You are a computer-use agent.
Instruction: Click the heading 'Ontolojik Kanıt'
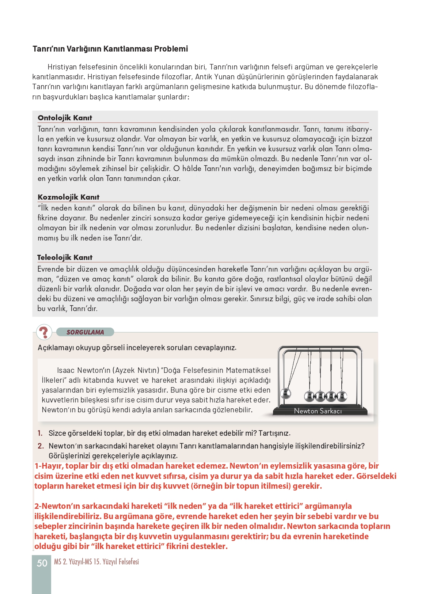pos(65,118)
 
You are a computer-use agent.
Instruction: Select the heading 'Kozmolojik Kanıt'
pos(68,197)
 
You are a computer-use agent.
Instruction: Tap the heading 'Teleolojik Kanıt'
pos(65,257)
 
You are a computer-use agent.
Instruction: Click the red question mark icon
pos(44,332)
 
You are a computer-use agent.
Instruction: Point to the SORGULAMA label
pos(85,332)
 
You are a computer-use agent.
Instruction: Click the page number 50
pos(42,563)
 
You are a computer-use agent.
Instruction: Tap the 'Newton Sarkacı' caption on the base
pos(318,411)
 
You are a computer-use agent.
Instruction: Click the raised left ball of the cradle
pos(285,394)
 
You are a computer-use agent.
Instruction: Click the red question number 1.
pos(40,433)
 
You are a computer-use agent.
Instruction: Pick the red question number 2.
pos(41,446)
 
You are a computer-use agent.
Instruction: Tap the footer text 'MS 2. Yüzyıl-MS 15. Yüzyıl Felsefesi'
pos(96,562)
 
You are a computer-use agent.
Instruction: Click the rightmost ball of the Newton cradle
pos(342,396)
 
